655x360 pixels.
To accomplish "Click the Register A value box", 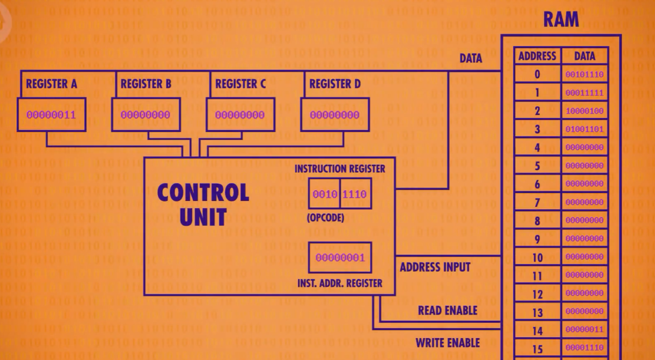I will (x=51, y=115).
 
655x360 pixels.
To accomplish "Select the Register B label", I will (x=146, y=84).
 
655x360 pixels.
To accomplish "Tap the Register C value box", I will (x=240, y=115).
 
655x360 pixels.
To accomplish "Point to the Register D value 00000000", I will (x=334, y=115).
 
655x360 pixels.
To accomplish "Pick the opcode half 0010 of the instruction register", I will (x=325, y=194).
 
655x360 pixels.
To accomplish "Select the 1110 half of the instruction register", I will (x=355, y=194).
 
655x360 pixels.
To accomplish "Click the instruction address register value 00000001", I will (x=340, y=257).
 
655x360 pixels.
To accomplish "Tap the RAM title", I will (x=561, y=20).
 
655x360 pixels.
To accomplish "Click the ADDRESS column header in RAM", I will (x=537, y=56).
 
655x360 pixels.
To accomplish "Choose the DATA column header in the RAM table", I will (x=584, y=56).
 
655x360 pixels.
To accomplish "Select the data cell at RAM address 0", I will (x=584, y=75).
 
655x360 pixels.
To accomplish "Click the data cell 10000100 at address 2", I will (x=584, y=111).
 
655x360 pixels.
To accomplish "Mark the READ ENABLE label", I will (x=447, y=311).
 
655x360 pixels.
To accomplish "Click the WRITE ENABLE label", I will (x=447, y=343).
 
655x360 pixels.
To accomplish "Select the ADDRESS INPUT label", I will (x=435, y=267).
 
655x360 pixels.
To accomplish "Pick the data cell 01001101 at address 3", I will (x=584, y=129).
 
